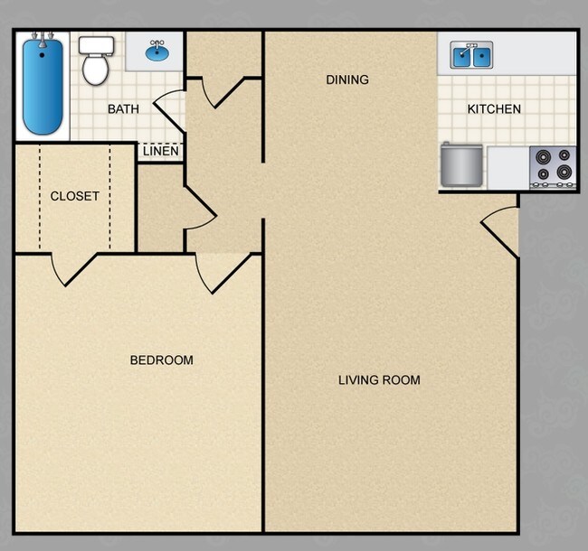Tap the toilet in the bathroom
[93, 59]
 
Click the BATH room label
[123, 109]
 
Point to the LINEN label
[160, 151]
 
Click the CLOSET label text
[74, 196]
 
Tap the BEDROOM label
[162, 360]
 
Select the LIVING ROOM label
[379, 380]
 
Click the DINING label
[347, 79]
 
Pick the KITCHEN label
[494, 109]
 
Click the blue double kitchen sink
[471, 56]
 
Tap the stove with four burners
[553, 166]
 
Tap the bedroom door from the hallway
[222, 272]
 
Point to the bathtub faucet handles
[42, 37]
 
